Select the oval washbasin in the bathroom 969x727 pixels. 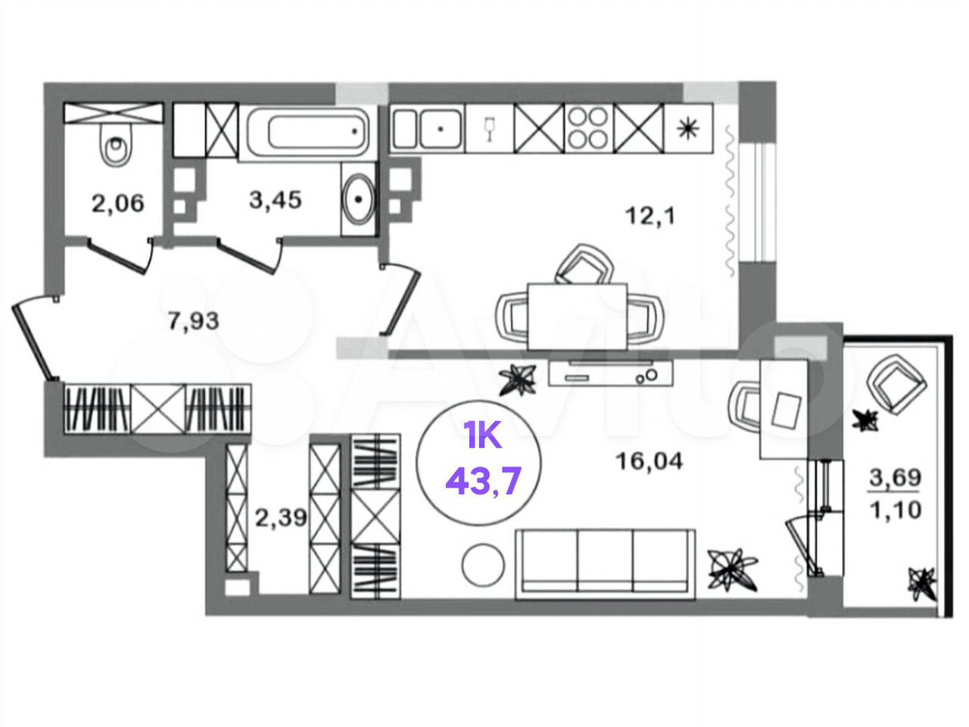359,199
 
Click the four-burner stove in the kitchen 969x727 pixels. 587,128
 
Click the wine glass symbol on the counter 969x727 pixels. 489,129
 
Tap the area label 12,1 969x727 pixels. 650,217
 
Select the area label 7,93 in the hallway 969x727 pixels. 193,320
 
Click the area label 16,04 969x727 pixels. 650,461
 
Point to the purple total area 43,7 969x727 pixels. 484,482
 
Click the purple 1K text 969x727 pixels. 482,435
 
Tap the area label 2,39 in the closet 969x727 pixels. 281,517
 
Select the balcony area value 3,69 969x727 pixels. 896,477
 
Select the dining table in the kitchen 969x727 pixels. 577,317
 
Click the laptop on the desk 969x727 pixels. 787,409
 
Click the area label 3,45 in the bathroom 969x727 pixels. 276,199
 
